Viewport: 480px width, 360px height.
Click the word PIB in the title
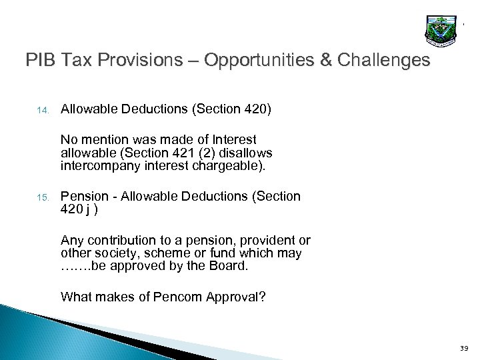coord(41,61)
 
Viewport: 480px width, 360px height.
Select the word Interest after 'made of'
coord(233,139)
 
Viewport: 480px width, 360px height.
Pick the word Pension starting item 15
coord(84,196)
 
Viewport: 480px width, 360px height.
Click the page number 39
coord(464,347)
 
